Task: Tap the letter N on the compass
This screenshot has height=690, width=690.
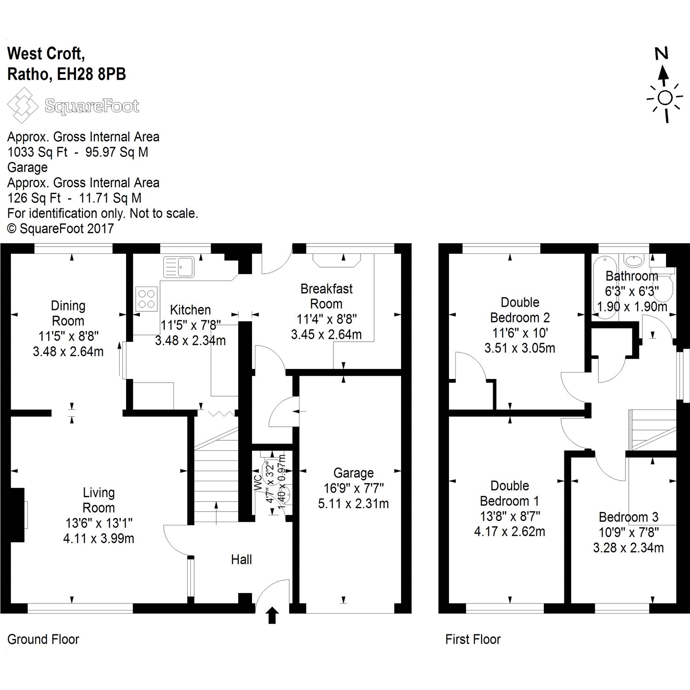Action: [661, 54]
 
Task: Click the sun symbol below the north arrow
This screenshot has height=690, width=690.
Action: [664, 98]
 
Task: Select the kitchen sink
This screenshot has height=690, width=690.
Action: [179, 267]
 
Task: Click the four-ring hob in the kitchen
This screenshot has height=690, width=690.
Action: [147, 298]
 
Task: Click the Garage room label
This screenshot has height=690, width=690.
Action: [353, 473]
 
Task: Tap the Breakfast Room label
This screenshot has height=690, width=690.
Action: [327, 296]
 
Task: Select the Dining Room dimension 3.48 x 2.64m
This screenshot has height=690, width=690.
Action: [68, 352]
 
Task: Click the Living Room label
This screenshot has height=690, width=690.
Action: [98, 500]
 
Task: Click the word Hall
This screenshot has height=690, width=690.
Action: [241, 559]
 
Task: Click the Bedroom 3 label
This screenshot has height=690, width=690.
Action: [628, 517]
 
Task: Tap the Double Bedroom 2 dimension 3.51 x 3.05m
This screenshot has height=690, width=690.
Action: [520, 348]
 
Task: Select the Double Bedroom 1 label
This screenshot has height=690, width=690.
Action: [510, 493]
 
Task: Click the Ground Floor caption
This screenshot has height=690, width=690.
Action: [43, 639]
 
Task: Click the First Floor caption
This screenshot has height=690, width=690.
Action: [473, 639]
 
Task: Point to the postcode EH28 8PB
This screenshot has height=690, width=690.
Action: [92, 74]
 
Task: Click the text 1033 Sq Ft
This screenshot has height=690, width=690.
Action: [37, 152]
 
